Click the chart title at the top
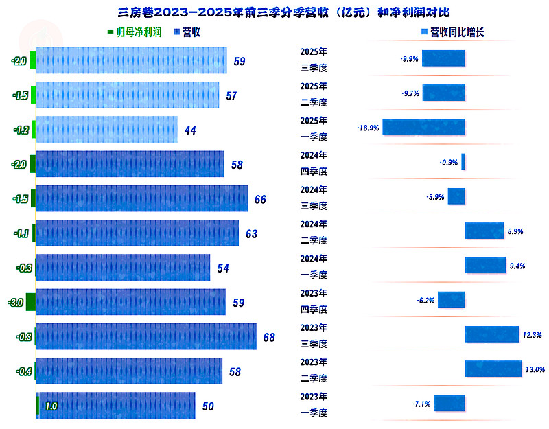[x=274, y=12]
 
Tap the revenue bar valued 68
[x=145, y=336]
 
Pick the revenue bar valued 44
[x=106, y=129]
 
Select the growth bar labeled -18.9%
[x=423, y=128]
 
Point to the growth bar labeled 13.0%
[x=493, y=369]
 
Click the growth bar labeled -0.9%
[x=463, y=162]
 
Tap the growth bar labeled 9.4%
[x=485, y=265]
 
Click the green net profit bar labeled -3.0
[x=30, y=302]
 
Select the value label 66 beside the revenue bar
[x=260, y=199]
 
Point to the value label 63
[x=251, y=234]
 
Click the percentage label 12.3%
[x=533, y=335]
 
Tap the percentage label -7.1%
[x=421, y=404]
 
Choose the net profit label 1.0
[x=51, y=406]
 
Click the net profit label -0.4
[x=24, y=371]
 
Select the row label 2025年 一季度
[x=314, y=128]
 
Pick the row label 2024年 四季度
[x=314, y=163]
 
